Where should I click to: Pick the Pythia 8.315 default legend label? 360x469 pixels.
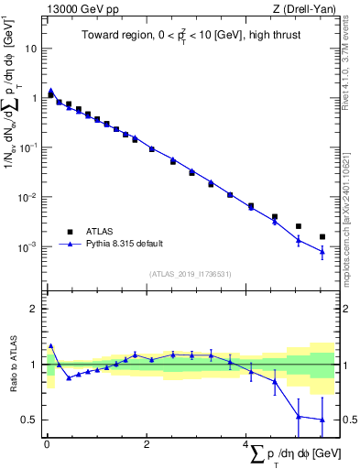click(126, 244)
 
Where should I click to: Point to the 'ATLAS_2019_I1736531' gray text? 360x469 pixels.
click(190, 273)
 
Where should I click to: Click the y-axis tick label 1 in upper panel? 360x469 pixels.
click(36, 97)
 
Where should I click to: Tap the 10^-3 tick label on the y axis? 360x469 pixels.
click(30, 247)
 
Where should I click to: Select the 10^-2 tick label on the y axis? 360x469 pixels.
click(30, 198)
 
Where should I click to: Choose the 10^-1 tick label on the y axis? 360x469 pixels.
click(30, 147)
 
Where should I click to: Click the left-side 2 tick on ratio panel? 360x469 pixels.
click(36, 309)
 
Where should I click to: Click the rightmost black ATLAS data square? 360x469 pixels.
click(322, 237)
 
